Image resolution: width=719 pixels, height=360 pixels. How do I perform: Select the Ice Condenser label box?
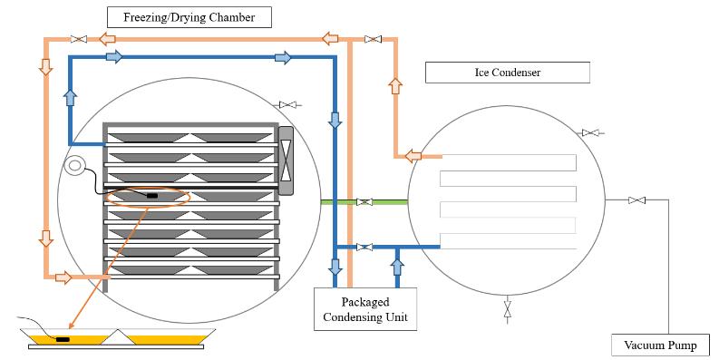(x=507, y=72)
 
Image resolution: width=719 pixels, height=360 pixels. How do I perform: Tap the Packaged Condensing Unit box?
(x=365, y=309)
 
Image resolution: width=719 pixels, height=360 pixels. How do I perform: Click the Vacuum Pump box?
(x=660, y=345)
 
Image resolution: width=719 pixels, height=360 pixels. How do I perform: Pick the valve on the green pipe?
(x=364, y=201)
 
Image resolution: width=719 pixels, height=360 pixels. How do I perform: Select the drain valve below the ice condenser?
(x=507, y=309)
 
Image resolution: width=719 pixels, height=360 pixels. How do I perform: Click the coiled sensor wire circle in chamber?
(x=75, y=166)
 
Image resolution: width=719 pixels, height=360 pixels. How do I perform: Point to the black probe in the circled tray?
(x=151, y=195)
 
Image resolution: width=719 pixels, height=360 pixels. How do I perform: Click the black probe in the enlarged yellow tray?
(x=63, y=339)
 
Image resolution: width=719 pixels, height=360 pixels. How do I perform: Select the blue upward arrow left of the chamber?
(x=71, y=97)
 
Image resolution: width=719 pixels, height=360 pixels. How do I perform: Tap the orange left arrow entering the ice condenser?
(x=413, y=156)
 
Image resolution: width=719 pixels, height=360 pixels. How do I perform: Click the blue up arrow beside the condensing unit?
(x=395, y=267)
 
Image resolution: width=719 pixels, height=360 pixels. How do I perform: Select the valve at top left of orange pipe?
(x=79, y=39)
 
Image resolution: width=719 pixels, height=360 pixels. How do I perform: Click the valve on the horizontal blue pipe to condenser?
(x=364, y=247)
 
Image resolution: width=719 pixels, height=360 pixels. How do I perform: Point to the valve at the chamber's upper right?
(x=289, y=106)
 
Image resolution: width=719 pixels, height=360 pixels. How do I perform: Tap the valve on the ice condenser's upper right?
(x=591, y=133)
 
